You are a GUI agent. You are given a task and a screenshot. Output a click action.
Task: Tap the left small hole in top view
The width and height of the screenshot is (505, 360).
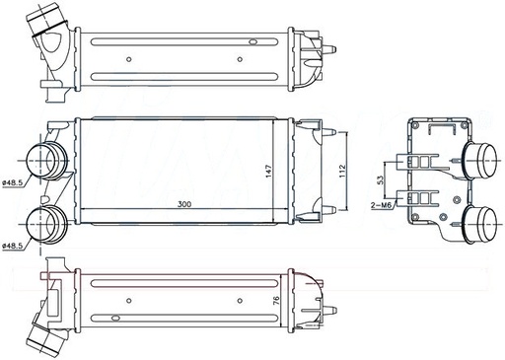[x=130, y=60]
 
